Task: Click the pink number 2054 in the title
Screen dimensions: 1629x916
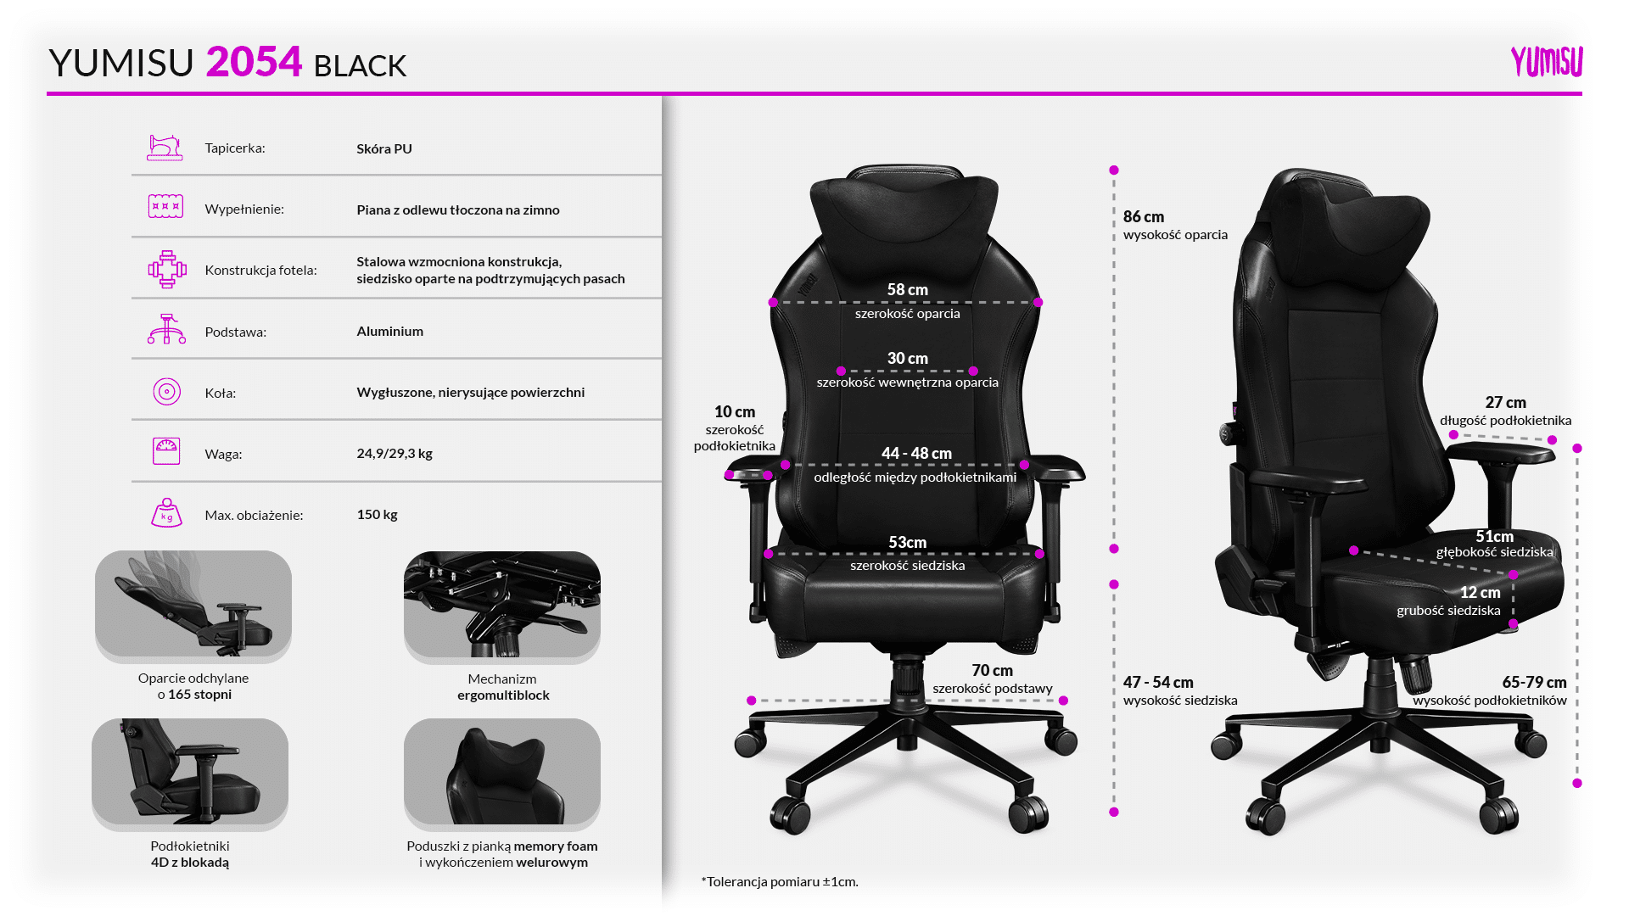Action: click(x=254, y=62)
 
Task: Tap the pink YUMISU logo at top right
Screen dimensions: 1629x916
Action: click(x=1547, y=62)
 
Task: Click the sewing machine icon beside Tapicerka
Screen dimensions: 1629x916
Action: click(x=165, y=148)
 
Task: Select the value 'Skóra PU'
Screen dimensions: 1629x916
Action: click(x=384, y=148)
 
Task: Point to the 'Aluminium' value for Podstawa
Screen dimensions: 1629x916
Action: click(x=390, y=331)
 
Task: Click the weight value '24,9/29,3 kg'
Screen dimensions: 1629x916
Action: click(x=395, y=454)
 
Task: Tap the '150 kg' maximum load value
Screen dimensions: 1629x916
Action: click(x=378, y=515)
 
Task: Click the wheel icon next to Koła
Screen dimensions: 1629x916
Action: click(x=167, y=392)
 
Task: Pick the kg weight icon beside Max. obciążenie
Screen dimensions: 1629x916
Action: click(x=167, y=513)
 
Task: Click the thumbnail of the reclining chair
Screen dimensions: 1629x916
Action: click(x=193, y=605)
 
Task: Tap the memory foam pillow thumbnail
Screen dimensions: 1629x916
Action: click(x=502, y=773)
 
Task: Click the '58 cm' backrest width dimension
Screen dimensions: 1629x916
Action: click(x=908, y=290)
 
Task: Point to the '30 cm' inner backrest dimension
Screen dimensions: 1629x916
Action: click(x=908, y=359)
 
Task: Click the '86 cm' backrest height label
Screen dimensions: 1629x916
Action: click(x=1144, y=217)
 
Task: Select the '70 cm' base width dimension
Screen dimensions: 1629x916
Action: click(x=993, y=671)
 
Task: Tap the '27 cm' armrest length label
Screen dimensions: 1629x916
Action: click(x=1506, y=403)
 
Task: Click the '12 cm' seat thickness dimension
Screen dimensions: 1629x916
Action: click(x=1481, y=593)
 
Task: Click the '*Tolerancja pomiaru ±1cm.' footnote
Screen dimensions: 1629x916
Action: click(x=780, y=882)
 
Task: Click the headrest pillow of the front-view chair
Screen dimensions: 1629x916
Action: click(x=904, y=208)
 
